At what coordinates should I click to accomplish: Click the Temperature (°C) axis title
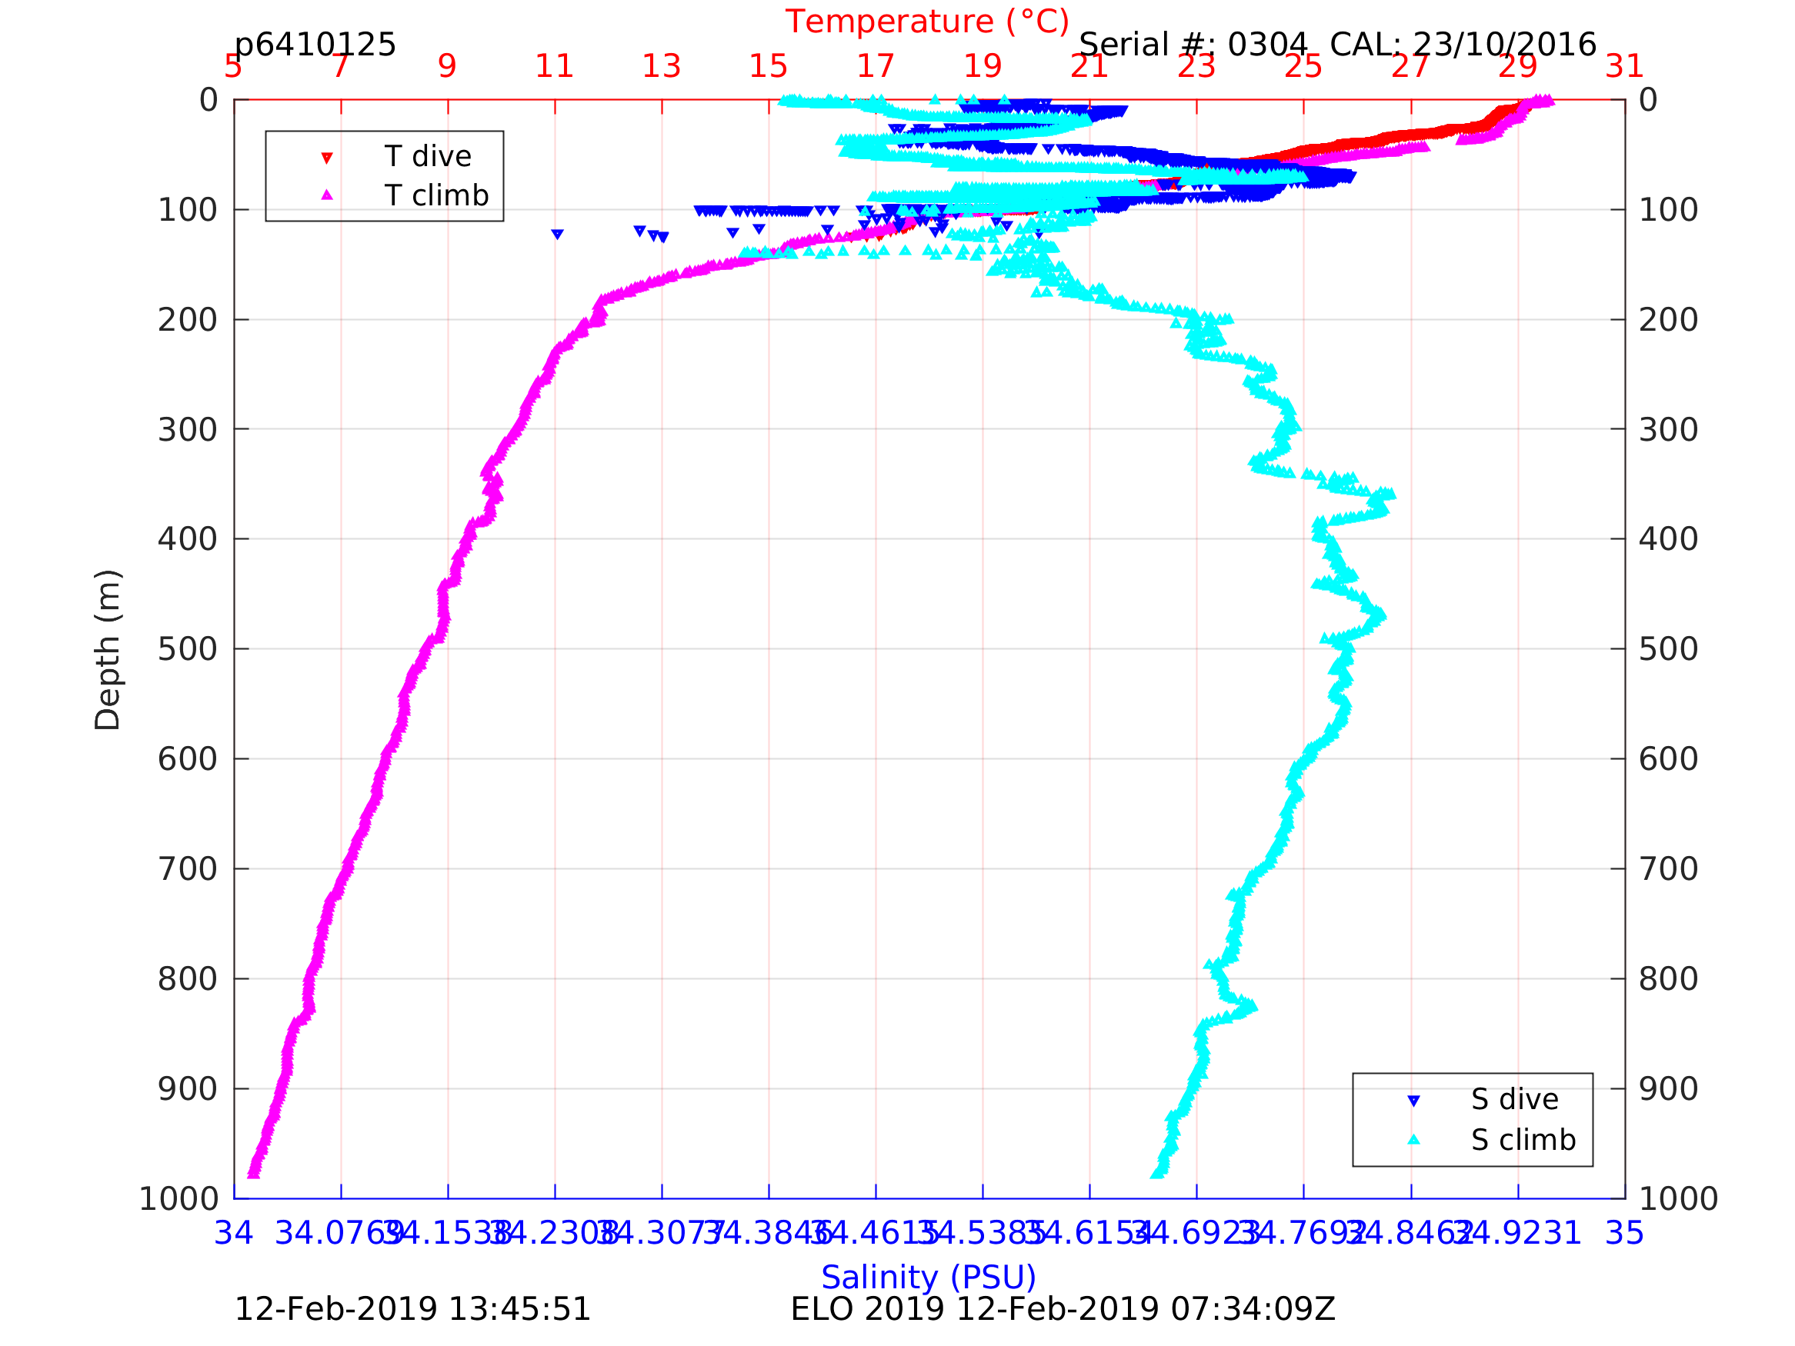[926, 22]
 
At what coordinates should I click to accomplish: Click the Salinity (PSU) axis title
[929, 1277]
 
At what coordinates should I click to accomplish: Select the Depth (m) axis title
[108, 650]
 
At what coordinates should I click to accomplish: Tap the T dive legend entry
[428, 157]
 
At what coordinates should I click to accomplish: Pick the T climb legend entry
[435, 195]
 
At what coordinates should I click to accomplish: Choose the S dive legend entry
[1514, 1099]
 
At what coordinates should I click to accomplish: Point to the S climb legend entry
[1523, 1140]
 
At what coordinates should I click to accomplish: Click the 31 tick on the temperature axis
[1625, 66]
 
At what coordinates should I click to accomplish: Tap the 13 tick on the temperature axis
[662, 66]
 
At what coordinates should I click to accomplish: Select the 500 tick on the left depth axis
[188, 649]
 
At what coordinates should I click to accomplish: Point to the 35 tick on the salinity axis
[1625, 1233]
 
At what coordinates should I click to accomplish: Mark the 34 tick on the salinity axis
[234, 1233]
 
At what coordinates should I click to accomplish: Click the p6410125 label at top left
[315, 45]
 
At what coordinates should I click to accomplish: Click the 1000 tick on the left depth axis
[178, 1198]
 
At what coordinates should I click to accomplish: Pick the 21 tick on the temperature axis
[1089, 66]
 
